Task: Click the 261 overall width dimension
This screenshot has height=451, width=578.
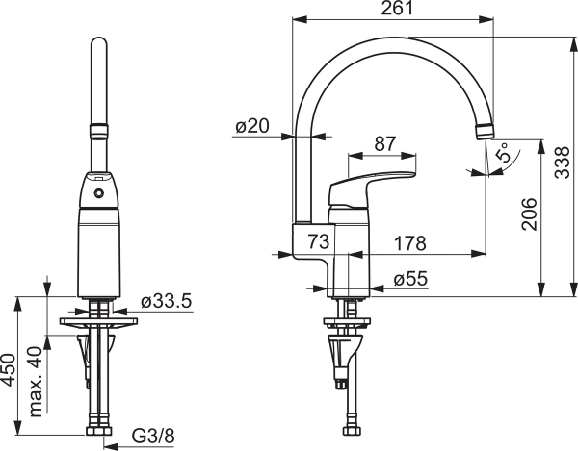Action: click(397, 8)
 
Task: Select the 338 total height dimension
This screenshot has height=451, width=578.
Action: click(563, 163)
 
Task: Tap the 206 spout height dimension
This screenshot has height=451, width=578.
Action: click(529, 213)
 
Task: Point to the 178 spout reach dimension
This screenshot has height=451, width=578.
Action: click(410, 243)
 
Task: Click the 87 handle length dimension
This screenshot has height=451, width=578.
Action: click(385, 144)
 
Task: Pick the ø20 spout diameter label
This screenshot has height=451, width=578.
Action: click(252, 126)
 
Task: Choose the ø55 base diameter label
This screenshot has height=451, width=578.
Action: click(410, 279)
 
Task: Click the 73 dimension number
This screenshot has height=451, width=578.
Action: click(319, 241)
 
